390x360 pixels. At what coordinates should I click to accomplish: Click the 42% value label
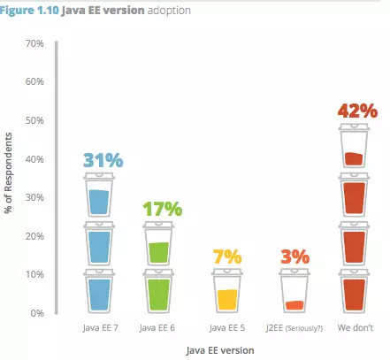pos(357,111)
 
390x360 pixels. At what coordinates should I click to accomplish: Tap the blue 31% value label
pos(103,160)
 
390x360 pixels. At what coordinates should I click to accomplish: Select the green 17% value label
pos(163,209)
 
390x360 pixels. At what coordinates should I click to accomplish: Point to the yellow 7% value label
pos(227,257)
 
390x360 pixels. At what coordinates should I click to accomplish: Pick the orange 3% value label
pos(294,257)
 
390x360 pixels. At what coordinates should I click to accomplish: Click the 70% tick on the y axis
pos(34,43)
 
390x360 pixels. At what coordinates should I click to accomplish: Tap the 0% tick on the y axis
pos(37,313)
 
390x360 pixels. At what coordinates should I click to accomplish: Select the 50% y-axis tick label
pos(34,120)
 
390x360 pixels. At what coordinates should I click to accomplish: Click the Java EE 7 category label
pos(100,327)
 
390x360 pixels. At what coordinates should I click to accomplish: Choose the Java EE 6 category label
pos(157,327)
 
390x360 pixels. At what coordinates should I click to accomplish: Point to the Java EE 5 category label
pos(227,327)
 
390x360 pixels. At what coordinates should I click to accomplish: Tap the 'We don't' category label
pos(356,327)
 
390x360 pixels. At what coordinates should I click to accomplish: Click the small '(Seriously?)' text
pos(304,328)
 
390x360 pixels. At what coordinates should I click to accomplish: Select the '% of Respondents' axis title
pos(9,172)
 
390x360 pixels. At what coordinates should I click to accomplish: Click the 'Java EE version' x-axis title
pos(220,350)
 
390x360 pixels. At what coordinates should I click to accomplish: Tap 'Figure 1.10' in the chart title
pos(29,11)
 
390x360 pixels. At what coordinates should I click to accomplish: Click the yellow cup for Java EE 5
pos(227,291)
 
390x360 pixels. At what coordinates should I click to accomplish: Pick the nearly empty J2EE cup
pos(294,291)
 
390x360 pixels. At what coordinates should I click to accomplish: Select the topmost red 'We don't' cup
pos(354,146)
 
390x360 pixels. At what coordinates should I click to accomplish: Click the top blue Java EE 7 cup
pos(99,195)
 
